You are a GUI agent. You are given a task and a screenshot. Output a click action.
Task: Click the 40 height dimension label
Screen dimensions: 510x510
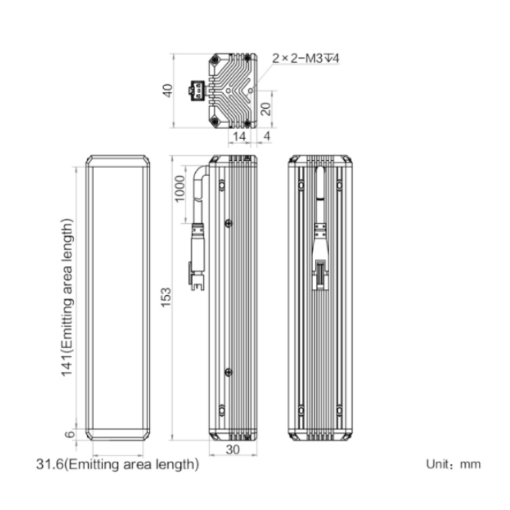click(x=167, y=90)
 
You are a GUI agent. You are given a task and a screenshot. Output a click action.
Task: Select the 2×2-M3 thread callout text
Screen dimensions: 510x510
click(x=305, y=58)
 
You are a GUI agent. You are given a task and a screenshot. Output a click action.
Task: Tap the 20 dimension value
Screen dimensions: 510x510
click(x=266, y=109)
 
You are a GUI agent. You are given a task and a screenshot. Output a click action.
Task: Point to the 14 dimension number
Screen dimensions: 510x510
click(x=240, y=137)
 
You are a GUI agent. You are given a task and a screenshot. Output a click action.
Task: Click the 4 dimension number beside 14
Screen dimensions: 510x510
click(x=267, y=136)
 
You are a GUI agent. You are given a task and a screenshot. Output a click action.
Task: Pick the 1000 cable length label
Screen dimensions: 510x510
click(x=180, y=188)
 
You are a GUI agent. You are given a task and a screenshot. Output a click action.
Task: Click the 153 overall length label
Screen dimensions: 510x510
click(x=166, y=297)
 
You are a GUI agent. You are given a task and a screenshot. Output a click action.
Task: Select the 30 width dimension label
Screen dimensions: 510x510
click(x=233, y=449)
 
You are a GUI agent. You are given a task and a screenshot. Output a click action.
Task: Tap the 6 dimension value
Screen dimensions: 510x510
click(x=70, y=435)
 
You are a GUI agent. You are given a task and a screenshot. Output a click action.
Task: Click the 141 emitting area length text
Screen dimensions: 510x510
click(x=67, y=298)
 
